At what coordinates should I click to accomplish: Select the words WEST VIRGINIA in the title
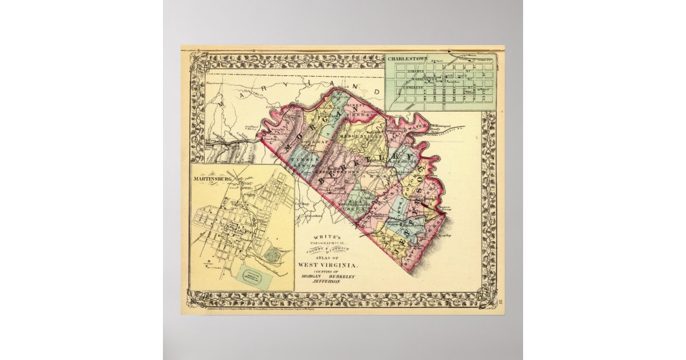[x=327, y=265]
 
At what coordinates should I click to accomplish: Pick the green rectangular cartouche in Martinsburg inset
[x=256, y=274]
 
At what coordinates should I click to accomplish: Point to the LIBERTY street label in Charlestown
[x=416, y=71]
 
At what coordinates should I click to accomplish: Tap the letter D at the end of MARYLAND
[x=377, y=91]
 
